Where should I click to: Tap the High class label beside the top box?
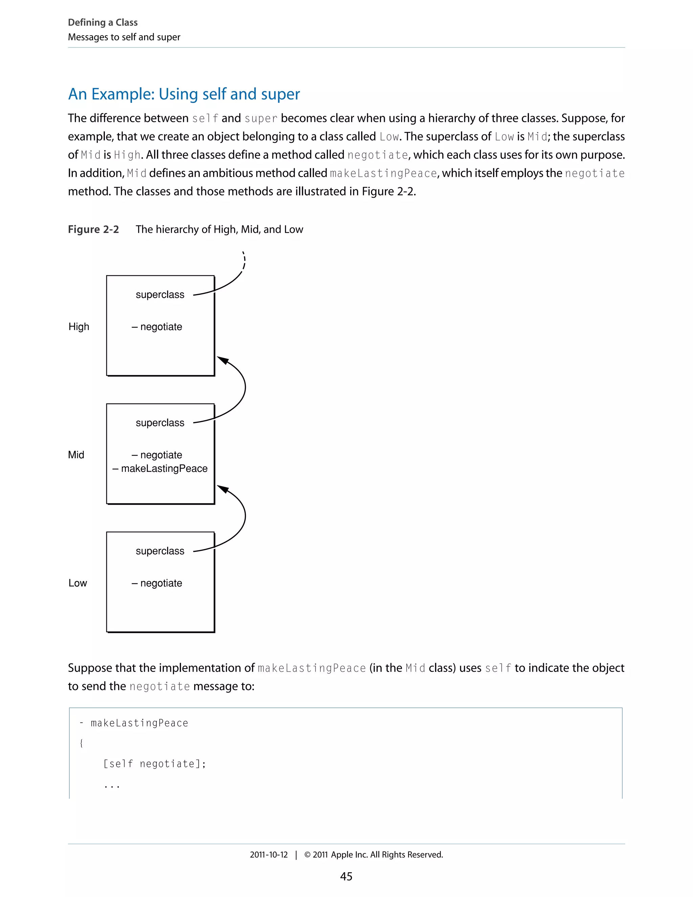click(79, 327)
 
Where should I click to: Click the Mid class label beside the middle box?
click(76, 455)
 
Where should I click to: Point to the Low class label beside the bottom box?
click(77, 583)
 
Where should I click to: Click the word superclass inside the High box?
click(160, 294)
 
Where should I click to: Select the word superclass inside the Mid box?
click(160, 423)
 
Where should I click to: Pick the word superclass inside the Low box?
click(160, 551)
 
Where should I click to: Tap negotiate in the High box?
click(161, 327)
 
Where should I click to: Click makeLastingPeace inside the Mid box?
click(164, 468)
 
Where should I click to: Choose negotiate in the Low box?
click(161, 583)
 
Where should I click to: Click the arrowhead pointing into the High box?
click(223, 360)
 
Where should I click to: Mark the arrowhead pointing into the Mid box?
click(223, 489)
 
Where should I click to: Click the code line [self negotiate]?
click(154, 764)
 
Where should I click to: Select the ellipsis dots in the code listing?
click(112, 786)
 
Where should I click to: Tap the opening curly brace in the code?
click(81, 743)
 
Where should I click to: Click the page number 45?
click(346, 876)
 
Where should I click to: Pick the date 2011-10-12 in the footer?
click(269, 855)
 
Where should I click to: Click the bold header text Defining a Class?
click(103, 22)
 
